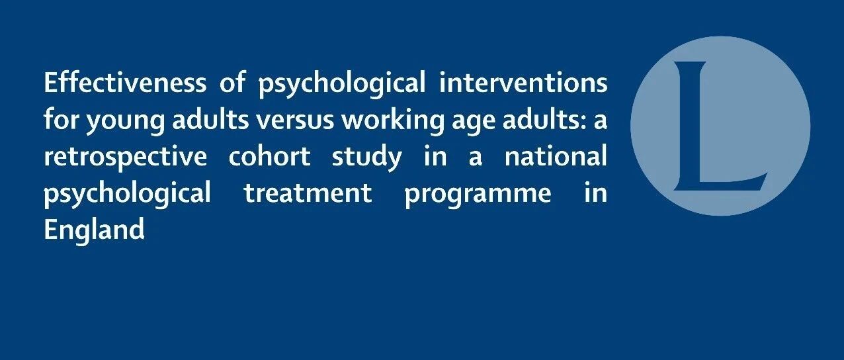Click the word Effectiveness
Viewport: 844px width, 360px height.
pyautogui.click(x=125, y=82)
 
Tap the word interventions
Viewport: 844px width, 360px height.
pyautogui.click(x=523, y=82)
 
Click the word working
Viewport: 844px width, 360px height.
pyautogui.click(x=393, y=120)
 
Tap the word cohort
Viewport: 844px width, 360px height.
pyautogui.click(x=269, y=156)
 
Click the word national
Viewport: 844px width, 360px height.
pyautogui.click(x=556, y=156)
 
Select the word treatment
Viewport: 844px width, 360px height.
pyautogui.click(x=308, y=193)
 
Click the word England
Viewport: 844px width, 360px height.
pyautogui.click(x=94, y=229)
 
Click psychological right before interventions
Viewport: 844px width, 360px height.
pyautogui.click(x=342, y=83)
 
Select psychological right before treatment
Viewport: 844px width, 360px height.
pyautogui.click(x=128, y=194)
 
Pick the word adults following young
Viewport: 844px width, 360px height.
pyautogui.click(x=210, y=119)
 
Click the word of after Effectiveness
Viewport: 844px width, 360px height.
pyautogui.click(x=232, y=82)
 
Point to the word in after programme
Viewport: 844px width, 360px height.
pyautogui.click(x=596, y=193)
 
